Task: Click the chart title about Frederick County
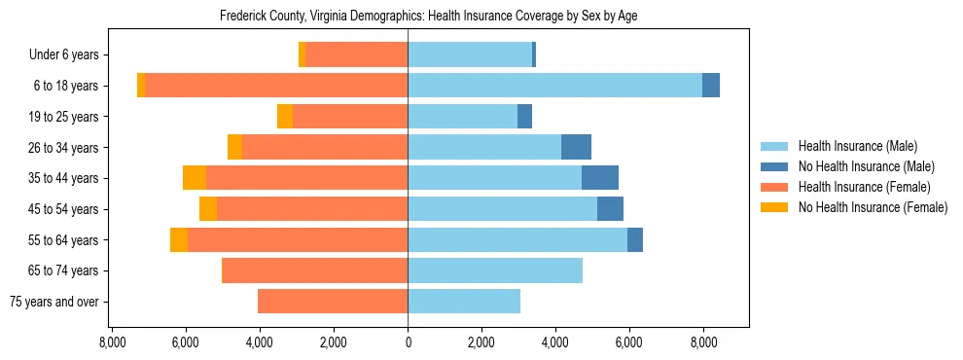[428, 17]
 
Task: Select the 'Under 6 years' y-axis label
[69, 55]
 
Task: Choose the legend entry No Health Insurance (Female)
[873, 207]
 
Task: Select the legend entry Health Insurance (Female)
[864, 187]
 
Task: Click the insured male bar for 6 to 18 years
[554, 86]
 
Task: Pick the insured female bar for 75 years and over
[333, 302]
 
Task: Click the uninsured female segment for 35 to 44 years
[195, 178]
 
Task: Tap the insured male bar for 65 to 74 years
[495, 270]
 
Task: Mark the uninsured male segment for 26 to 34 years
[576, 147]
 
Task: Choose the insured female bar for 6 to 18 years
[276, 86]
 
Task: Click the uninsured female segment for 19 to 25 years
[285, 117]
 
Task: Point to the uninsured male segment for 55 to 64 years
[635, 239]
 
